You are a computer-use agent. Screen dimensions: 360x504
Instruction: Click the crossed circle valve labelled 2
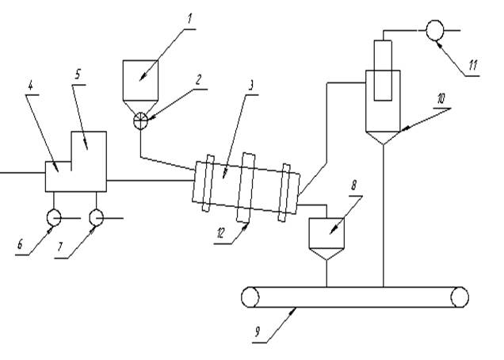point(140,121)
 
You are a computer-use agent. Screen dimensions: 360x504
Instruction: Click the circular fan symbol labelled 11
point(434,31)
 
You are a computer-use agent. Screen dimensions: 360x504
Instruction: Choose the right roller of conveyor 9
point(459,297)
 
